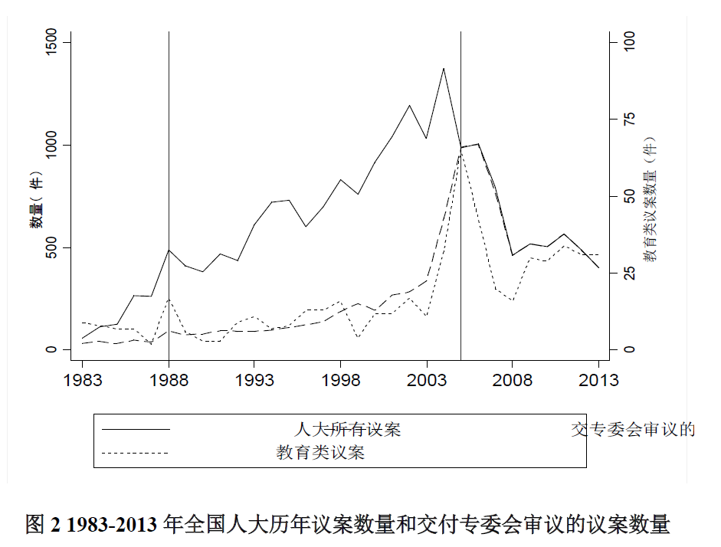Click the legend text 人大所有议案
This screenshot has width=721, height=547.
[x=347, y=430]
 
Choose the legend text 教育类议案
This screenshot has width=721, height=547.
[x=320, y=453]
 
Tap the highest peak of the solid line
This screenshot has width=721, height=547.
[x=443, y=68]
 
